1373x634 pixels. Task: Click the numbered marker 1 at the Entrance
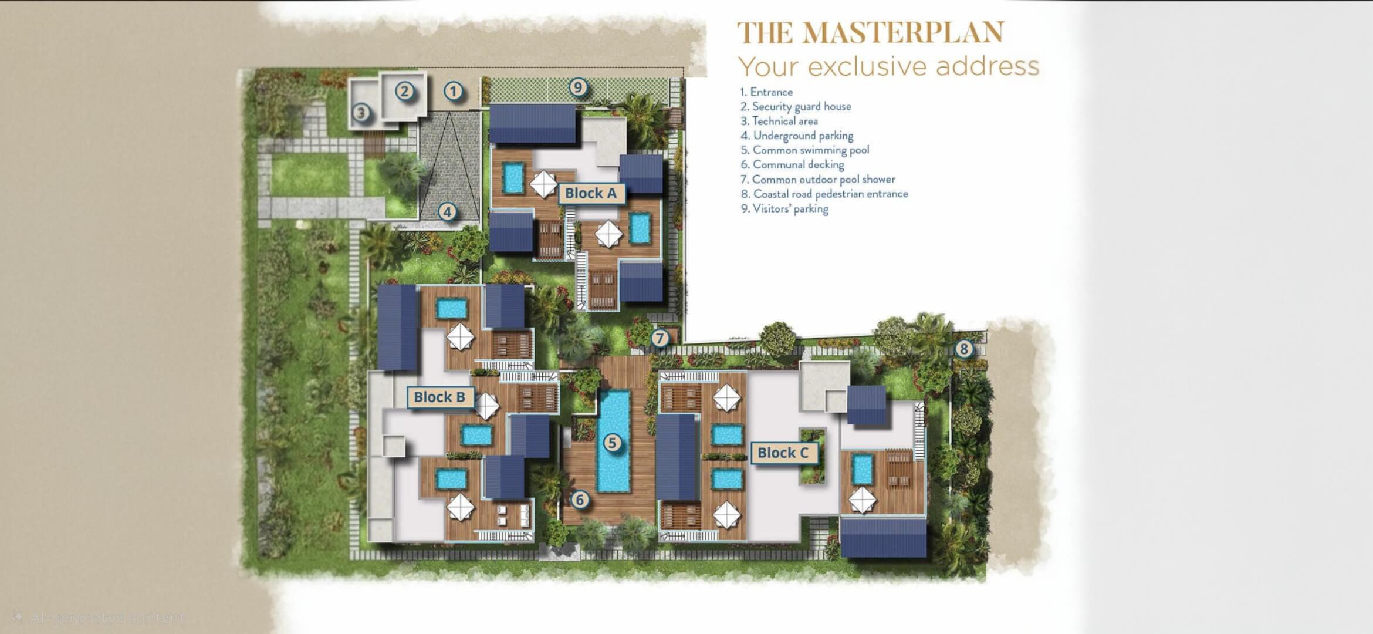pos(452,91)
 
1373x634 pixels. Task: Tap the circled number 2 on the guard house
pos(404,91)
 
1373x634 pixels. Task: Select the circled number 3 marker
pos(361,112)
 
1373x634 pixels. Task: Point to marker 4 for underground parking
pos(447,212)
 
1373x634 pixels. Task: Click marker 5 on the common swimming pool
pos(612,443)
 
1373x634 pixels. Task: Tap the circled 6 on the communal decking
pos(579,500)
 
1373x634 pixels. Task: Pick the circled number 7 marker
pos(660,338)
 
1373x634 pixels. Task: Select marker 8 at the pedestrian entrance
pos(963,349)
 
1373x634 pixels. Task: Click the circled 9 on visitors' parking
pos(578,87)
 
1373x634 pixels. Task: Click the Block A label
pos(591,193)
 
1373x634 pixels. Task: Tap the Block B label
pos(439,397)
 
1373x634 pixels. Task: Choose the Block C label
pos(783,453)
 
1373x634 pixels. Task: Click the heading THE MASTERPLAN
pos(871,33)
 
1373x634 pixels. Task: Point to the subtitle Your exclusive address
pos(888,66)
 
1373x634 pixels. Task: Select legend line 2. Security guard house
pos(796,106)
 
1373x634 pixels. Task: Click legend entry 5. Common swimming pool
pos(805,150)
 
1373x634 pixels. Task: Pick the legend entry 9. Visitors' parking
pos(784,209)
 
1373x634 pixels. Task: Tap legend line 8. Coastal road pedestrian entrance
pos(824,194)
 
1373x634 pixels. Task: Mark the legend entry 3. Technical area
pos(779,121)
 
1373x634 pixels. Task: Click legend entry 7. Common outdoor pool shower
pos(818,180)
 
